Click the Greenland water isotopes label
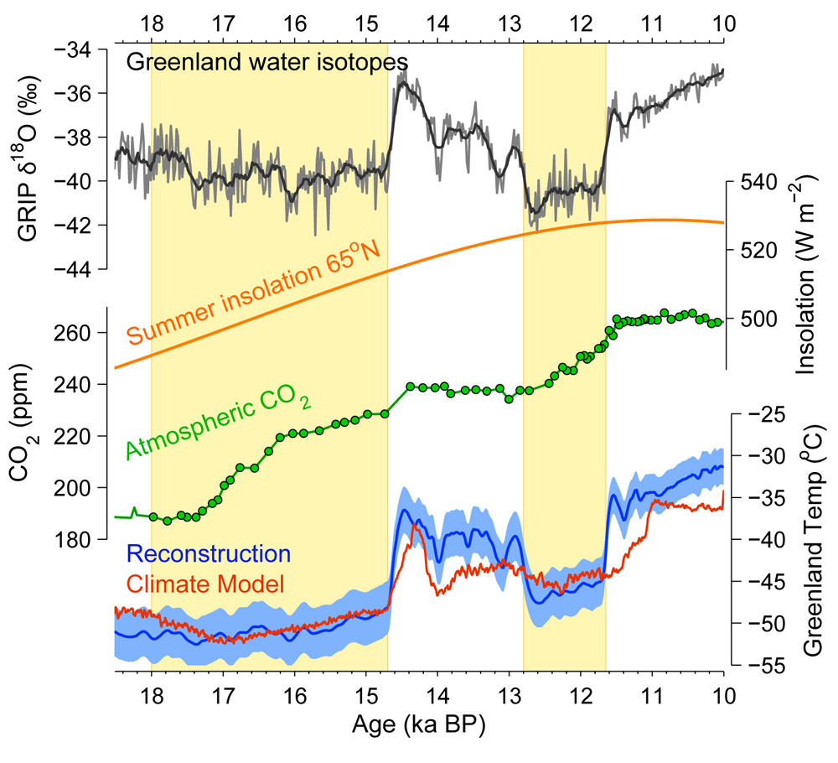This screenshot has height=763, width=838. point(267,63)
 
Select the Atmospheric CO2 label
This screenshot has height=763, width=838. point(218,423)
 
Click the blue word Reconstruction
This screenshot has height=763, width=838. point(209,554)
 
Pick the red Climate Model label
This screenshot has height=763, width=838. point(205,584)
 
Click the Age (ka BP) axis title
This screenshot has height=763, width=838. point(419,725)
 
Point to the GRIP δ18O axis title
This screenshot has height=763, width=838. point(27,158)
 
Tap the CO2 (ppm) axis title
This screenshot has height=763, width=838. point(23,423)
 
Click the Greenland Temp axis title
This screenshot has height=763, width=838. point(813,541)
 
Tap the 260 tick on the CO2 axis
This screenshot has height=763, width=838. point(71,333)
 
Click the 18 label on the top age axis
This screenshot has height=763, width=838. point(153,23)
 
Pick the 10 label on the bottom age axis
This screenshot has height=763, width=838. point(724,696)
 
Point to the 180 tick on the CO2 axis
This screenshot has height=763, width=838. point(71,539)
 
